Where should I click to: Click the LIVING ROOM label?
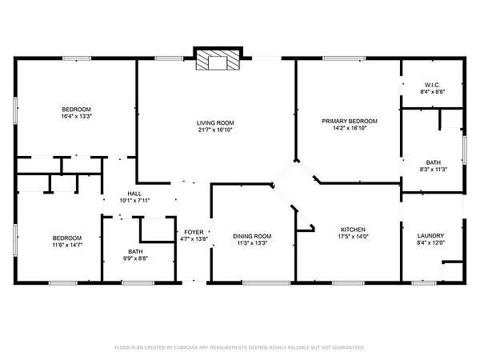[215, 123]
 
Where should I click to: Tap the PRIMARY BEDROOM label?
[350, 122]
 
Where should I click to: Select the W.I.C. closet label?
[432, 85]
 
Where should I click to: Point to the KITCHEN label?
[353, 230]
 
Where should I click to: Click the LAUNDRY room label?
[430, 236]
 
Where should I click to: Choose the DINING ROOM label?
[252, 236]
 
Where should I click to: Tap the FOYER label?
[194, 232]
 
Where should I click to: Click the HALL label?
[134, 194]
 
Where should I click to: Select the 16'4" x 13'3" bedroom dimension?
[77, 116]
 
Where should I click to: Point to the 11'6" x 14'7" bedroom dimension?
[67, 245]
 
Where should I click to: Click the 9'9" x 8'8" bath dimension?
[135, 258]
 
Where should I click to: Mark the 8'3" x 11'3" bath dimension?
[434, 170]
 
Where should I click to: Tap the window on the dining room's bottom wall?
[266, 283]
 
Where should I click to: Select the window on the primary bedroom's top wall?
[344, 58]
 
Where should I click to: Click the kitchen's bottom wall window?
[348, 283]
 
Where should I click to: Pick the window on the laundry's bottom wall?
[424, 283]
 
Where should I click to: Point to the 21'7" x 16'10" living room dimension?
[215, 130]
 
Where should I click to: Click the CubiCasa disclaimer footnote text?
[240, 347]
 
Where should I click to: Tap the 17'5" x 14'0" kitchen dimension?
[353, 236]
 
